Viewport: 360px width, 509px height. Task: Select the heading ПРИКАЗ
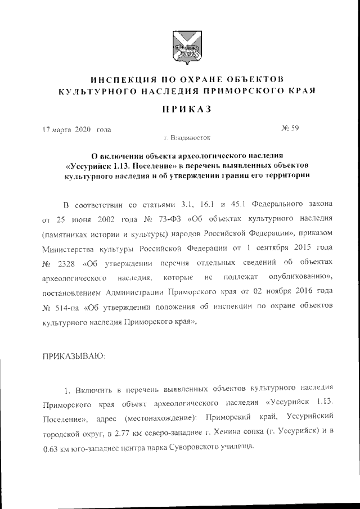179,109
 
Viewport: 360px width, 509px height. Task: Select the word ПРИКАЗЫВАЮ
73,356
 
